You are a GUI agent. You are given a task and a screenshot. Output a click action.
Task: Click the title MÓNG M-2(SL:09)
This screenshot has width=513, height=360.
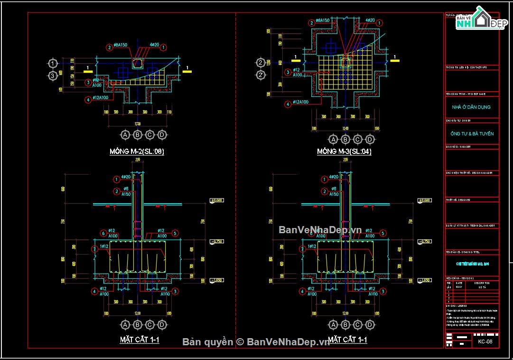tap(137, 152)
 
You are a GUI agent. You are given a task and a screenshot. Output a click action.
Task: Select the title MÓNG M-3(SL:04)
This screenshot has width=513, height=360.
tap(345, 152)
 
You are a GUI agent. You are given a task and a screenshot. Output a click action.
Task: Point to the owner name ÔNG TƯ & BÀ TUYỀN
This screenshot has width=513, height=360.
tap(472, 134)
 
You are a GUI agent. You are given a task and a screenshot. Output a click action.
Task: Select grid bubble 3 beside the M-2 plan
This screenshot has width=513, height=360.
tap(53, 76)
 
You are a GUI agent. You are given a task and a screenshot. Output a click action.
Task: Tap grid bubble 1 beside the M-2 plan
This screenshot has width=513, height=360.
tap(53, 63)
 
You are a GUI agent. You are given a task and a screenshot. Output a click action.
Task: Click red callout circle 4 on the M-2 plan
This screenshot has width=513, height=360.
tap(88, 99)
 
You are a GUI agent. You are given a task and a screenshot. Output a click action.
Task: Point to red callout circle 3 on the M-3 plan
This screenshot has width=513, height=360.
tap(287, 72)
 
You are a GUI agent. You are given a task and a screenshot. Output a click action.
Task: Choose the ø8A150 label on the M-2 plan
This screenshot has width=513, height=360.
tap(121, 46)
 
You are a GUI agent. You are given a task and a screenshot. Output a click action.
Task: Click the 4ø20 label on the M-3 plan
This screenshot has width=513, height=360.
tap(370, 21)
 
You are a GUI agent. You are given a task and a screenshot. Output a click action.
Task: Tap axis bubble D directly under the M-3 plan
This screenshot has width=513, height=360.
tap(370, 139)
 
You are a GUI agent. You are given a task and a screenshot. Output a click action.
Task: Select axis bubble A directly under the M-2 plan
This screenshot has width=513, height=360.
tap(125, 135)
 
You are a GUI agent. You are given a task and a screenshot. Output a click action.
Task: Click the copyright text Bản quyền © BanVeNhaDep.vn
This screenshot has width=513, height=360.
tap(256, 342)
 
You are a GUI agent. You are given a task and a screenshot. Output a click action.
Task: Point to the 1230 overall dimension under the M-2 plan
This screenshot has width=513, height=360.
tap(138, 123)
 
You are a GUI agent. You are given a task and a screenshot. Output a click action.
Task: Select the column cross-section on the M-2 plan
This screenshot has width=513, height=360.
tap(138, 64)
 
